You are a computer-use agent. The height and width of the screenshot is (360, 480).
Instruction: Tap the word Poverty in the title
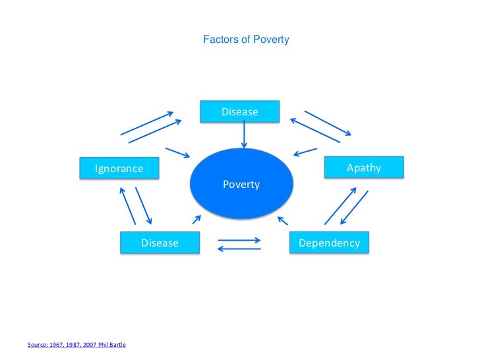click(271, 40)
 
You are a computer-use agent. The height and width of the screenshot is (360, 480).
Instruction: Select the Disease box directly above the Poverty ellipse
click(240, 112)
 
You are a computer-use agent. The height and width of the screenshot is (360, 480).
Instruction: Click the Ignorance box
click(119, 168)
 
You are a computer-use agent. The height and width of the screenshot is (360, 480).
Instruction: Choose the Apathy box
click(364, 168)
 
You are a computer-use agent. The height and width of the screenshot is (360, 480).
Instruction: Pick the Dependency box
click(329, 243)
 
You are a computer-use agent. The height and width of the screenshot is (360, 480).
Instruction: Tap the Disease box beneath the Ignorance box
click(160, 243)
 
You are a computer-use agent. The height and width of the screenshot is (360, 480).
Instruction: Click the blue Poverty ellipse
click(241, 185)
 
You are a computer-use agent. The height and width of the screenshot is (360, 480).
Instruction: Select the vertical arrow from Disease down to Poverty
click(245, 135)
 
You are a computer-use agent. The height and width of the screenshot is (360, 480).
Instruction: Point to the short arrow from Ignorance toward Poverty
click(177, 152)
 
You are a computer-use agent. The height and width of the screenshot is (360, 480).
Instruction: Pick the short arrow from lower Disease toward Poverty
click(196, 220)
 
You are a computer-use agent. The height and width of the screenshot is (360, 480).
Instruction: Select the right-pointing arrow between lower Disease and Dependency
click(239, 239)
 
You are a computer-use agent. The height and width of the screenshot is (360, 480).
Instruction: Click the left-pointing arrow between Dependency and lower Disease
click(239, 249)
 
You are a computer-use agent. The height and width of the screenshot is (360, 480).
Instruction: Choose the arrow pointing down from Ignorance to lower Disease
click(144, 205)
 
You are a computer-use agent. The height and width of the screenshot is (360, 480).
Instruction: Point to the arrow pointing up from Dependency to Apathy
click(340, 206)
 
